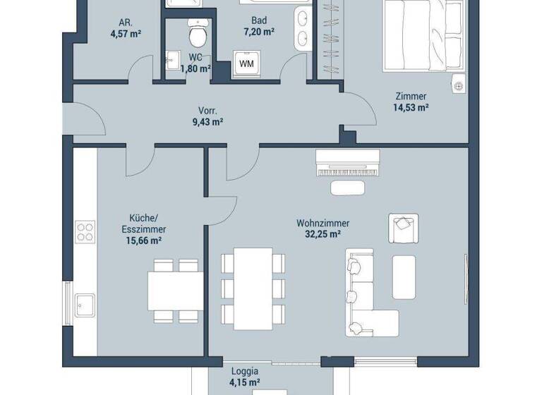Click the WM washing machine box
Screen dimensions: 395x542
click(246, 63)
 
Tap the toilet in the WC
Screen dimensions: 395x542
click(196, 33)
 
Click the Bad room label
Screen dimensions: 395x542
click(258, 20)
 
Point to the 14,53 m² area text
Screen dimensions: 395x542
click(411, 108)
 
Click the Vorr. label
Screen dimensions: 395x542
click(207, 111)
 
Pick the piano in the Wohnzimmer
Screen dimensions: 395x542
click(348, 164)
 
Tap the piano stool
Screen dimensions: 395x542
click(348, 188)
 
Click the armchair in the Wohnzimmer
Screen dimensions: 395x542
click(402, 227)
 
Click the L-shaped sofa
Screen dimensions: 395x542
click(366, 296)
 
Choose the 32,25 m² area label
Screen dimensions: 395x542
click(323, 234)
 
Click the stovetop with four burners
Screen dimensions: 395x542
click(85, 232)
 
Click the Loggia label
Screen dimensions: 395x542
click(245, 372)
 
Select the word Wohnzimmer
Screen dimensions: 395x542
click(323, 223)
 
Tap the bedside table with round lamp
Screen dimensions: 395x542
click(459, 83)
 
